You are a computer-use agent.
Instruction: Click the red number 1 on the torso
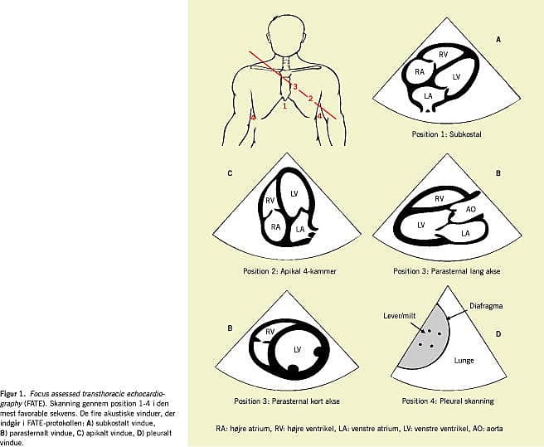284,105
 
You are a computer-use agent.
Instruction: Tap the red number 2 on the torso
310,99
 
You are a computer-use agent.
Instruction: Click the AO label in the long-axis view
471,210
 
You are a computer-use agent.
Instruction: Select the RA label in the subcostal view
420,72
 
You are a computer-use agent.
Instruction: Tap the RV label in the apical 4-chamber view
270,200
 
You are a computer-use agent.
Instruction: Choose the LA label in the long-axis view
465,235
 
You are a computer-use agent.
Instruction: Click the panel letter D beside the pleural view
498,335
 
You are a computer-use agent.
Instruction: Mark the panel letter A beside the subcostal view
498,39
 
